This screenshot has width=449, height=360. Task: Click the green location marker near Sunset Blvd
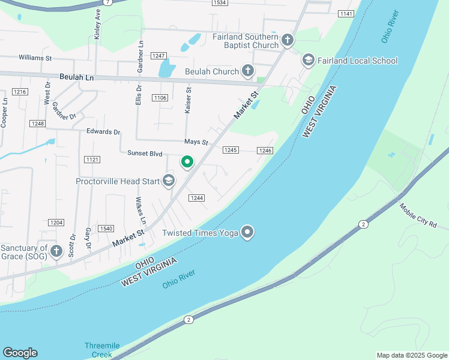187,162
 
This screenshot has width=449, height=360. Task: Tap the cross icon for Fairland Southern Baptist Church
288,41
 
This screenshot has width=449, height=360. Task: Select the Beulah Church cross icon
247,71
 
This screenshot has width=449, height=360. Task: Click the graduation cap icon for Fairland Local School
309,60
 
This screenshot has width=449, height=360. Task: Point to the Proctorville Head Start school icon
169,181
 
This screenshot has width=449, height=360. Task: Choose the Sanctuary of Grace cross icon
56,251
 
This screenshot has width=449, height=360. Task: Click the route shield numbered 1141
346,13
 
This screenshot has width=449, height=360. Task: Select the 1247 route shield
158,56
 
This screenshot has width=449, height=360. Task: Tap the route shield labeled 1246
265,151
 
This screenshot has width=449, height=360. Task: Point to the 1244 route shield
196,198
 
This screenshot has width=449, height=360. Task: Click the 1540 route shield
106,229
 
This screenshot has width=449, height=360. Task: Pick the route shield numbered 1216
20,92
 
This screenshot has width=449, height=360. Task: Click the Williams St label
35,58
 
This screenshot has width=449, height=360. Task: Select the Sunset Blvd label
145,154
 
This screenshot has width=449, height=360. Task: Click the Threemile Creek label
102,350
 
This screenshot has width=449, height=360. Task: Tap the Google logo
20,352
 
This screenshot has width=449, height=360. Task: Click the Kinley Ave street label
97,23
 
